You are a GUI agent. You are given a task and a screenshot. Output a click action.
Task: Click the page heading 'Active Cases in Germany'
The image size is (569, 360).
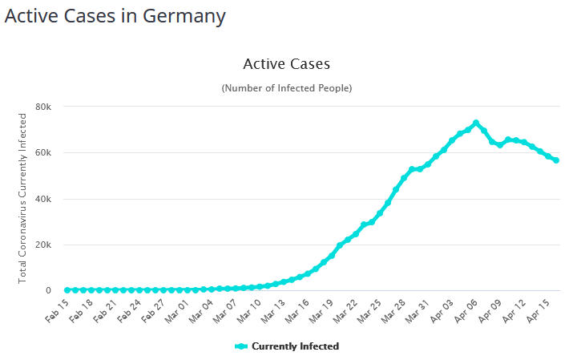click(115, 16)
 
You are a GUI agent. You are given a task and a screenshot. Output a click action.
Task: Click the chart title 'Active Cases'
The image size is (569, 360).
click(286, 63)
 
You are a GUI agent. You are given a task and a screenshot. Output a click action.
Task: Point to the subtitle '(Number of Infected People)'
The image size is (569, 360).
click(286, 87)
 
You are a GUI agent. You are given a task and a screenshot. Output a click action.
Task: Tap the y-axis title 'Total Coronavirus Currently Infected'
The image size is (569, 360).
click(22, 197)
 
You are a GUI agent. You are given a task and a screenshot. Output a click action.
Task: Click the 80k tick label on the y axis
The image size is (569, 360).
click(43, 107)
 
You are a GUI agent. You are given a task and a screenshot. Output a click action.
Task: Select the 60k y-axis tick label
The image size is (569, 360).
click(43, 152)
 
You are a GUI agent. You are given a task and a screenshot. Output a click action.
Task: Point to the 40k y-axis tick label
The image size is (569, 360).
click(43, 199)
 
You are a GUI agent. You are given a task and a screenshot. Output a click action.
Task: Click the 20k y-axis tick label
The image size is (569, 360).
click(43, 245)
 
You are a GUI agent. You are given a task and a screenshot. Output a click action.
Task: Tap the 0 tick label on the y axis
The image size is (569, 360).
click(48, 290)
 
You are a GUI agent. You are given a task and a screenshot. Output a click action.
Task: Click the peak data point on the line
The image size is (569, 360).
click(476, 123)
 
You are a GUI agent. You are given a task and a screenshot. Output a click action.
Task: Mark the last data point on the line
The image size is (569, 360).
click(556, 160)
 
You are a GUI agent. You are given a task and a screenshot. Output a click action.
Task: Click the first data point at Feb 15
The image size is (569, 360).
click(67, 289)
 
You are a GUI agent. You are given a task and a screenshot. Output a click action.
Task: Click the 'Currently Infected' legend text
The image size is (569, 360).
click(295, 346)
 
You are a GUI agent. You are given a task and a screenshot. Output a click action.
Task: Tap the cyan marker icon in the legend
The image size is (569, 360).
click(240, 346)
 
